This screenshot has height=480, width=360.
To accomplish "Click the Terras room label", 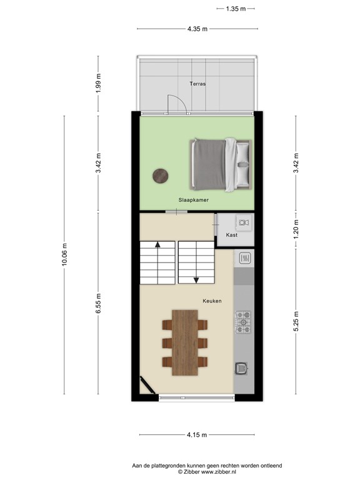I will pyautogui.click(x=197, y=83).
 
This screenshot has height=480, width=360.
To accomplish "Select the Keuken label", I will pyautogui.click(x=212, y=301).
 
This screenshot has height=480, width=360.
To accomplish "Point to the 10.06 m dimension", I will pyautogui.click(x=64, y=255).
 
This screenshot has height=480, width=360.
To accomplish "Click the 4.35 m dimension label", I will pyautogui.click(x=197, y=29).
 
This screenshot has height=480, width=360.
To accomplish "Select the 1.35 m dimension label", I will pyautogui.click(x=236, y=9).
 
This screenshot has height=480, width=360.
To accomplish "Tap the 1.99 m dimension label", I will pyautogui.click(x=98, y=84).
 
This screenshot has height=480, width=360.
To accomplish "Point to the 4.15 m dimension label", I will pyautogui.click(x=197, y=435).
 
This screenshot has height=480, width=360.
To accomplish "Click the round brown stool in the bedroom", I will pyautogui.click(x=161, y=176).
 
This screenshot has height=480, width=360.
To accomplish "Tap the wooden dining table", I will pyautogui.click(x=185, y=342).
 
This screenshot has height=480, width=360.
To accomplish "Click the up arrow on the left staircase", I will pyautogui.click(x=157, y=246).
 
